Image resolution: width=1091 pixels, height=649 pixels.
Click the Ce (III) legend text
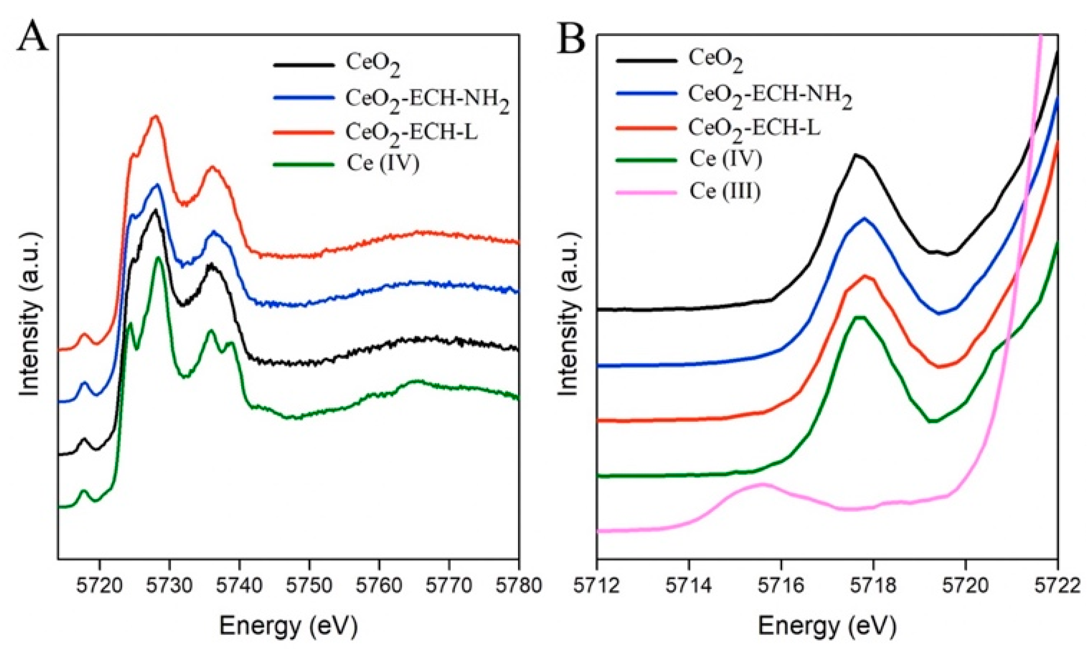click(x=725, y=192)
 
